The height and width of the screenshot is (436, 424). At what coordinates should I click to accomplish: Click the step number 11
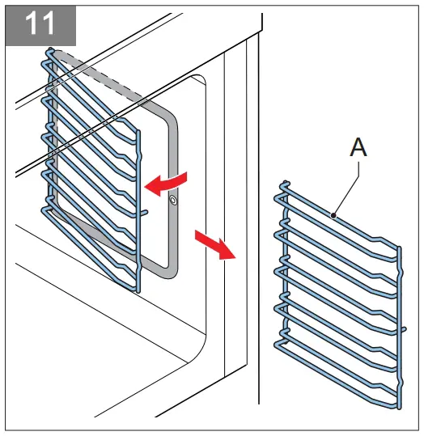click(x=40, y=23)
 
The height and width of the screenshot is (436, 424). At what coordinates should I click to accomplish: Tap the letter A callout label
click(x=359, y=148)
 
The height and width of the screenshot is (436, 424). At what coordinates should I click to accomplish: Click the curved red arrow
click(x=167, y=183)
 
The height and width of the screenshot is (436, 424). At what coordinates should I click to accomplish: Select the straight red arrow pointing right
click(x=214, y=245)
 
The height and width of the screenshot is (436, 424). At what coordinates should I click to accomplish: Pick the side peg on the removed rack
click(x=401, y=328)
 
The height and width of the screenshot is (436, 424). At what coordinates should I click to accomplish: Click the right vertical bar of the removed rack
click(x=397, y=324)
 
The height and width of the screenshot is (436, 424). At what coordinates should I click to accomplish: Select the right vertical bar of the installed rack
click(x=138, y=202)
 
